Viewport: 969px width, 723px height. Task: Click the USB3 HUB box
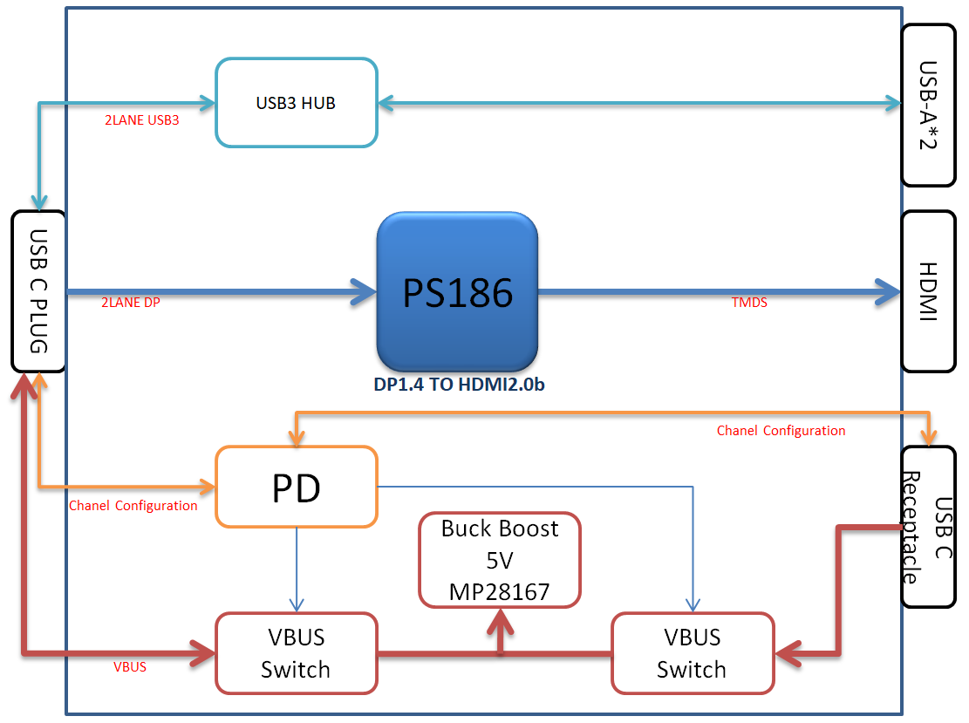tap(296, 102)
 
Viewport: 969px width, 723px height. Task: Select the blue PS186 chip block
tap(457, 291)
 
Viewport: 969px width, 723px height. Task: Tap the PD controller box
tap(296, 487)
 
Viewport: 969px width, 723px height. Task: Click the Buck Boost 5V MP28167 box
tap(500, 560)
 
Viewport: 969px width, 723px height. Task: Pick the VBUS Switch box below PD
tap(296, 653)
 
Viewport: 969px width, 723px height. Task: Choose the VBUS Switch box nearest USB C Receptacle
tap(692, 653)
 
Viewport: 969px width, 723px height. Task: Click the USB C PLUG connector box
tap(38, 291)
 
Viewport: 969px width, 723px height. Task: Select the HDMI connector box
tap(929, 291)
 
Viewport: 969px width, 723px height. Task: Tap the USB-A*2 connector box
tap(929, 105)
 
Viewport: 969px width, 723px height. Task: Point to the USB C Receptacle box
tap(929, 527)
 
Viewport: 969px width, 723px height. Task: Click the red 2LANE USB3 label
tap(141, 120)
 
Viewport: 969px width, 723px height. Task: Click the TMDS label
tap(748, 304)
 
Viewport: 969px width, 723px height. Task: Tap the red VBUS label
tap(130, 667)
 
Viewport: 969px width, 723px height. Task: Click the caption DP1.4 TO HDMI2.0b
tap(457, 384)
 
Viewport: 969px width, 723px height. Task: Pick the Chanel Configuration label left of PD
tap(133, 506)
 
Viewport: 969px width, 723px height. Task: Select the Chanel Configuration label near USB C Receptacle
tap(781, 431)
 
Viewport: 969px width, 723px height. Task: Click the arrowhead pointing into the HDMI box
tap(888, 291)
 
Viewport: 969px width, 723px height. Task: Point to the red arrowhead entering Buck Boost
tap(500, 619)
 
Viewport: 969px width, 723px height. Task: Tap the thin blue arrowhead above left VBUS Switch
tap(297, 604)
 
